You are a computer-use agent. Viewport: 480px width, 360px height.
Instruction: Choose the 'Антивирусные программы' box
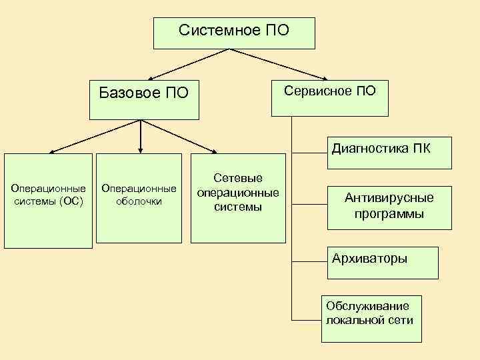coord(389,206)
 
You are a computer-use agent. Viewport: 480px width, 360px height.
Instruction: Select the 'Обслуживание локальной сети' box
coord(371,318)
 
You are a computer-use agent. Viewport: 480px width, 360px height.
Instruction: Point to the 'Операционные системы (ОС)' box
coord(48,201)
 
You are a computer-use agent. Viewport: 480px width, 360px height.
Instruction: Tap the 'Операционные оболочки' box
coord(139,198)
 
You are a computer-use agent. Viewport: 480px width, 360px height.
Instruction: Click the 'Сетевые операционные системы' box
coord(238,198)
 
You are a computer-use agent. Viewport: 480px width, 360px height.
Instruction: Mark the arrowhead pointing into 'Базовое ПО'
coord(151,78)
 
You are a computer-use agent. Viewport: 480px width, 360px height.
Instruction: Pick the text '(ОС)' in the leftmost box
coord(71,201)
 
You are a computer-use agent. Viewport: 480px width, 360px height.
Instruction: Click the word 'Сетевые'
coord(238,179)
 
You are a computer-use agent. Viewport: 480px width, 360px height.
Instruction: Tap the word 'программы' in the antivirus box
coord(389,214)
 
